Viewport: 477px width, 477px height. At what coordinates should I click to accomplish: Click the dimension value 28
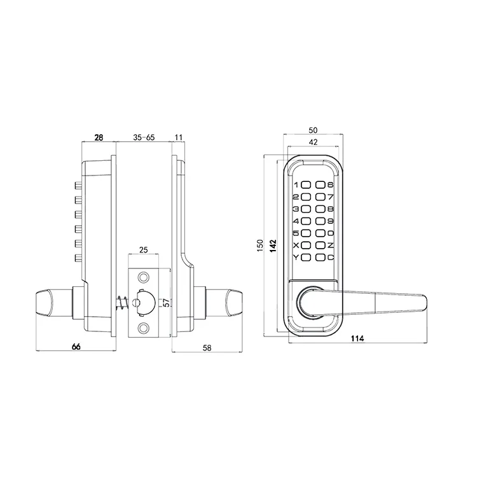[x=99, y=137]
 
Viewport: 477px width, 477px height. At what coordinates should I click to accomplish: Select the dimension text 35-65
[x=144, y=137]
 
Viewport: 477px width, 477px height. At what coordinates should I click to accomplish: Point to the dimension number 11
[x=177, y=137]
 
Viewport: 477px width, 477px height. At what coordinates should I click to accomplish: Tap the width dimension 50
[x=312, y=130]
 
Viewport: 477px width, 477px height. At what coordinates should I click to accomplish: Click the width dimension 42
[x=312, y=142]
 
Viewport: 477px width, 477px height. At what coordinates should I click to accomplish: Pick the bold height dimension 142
[x=272, y=245]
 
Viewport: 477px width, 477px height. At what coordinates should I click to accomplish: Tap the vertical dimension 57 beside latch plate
[x=166, y=301]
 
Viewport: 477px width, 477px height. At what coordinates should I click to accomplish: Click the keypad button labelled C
[x=320, y=258]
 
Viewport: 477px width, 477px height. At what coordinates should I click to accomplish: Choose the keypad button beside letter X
[x=306, y=245]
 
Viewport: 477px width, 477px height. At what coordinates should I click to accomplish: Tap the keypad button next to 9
[x=320, y=221]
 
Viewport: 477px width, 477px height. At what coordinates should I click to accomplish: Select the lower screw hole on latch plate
[x=144, y=328]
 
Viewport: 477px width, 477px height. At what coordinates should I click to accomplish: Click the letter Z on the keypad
[x=331, y=245]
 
